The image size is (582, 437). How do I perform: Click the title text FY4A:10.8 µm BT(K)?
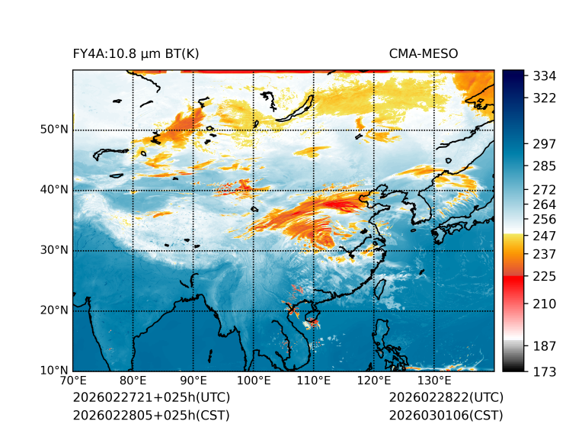pyautogui.click(x=136, y=53)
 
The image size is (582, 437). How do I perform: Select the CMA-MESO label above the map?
pyautogui.click(x=424, y=53)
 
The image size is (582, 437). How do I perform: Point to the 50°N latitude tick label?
pyautogui.click(x=54, y=130)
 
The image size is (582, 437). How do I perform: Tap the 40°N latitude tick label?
pyautogui.click(x=54, y=190)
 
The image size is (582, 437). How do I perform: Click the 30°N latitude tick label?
pyautogui.click(x=54, y=250)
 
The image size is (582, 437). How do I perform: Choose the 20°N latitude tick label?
pyautogui.click(x=54, y=310)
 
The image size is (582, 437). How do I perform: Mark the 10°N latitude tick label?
pyautogui.click(x=54, y=371)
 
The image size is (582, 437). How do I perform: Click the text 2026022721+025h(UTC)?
pyautogui.click(x=152, y=397)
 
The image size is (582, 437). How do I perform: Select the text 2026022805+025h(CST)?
pyautogui.click(x=151, y=415)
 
